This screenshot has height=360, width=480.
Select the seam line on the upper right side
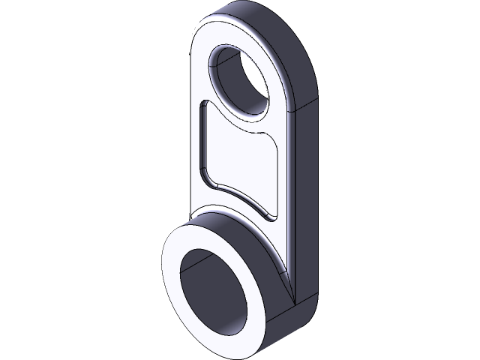pyautogui.click(x=304, y=106)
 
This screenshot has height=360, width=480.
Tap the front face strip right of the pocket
pyautogui.click(x=286, y=187)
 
